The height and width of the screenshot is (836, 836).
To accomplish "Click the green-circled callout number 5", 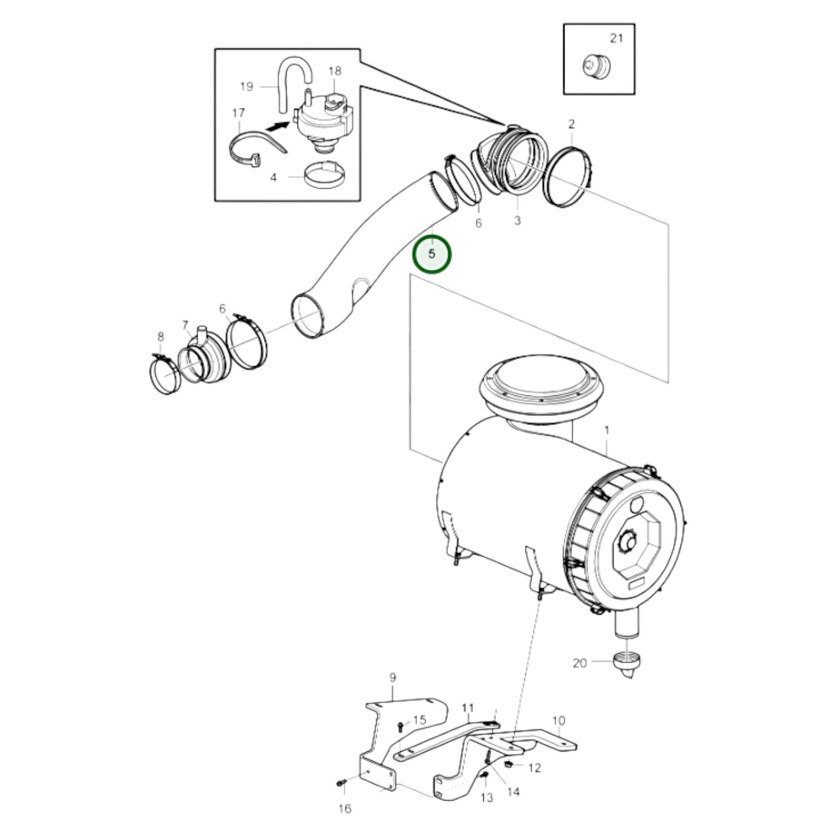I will point(432,253).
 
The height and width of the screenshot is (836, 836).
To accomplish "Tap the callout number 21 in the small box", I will point(616,38).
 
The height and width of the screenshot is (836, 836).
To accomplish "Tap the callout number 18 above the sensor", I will point(335,71).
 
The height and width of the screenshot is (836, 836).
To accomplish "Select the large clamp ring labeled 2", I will point(568,177).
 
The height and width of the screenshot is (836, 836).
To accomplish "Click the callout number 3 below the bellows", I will point(517,220).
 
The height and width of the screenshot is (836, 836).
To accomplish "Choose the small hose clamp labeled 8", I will point(165,376).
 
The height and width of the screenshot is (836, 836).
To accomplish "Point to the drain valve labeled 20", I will point(627,665).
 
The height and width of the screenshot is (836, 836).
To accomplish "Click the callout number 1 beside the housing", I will point(607,430).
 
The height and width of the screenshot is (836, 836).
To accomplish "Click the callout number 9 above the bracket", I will point(392,677).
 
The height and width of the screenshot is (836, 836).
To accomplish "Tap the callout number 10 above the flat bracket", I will point(558,721).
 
